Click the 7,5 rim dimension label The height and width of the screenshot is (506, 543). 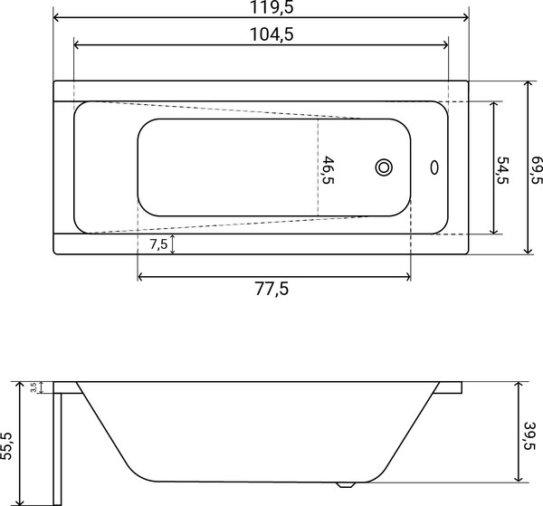pyautogui.click(x=157, y=245)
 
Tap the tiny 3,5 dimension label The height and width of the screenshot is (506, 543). pyautogui.click(x=33, y=387)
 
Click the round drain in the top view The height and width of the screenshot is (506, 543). pyautogui.click(x=384, y=167)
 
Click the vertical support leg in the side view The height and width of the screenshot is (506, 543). pyautogui.click(x=55, y=444)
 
